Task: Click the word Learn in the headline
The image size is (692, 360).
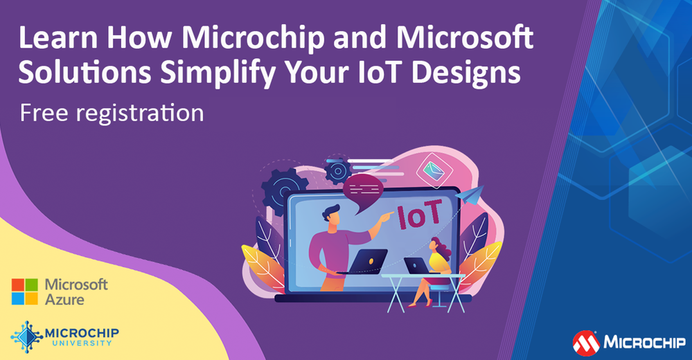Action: pyautogui.click(x=57, y=38)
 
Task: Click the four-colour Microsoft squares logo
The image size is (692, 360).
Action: pyautogui.click(x=25, y=291)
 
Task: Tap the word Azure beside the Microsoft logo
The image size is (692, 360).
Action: pyautogui.click(x=64, y=300)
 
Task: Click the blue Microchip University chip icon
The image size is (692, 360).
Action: pyautogui.click(x=27, y=336)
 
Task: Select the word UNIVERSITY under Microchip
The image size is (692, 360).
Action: pyautogui.click(x=82, y=343)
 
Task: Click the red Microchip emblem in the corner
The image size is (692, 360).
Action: pyautogui.click(x=586, y=343)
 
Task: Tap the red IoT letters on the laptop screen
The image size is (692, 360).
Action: pyautogui.click(x=419, y=215)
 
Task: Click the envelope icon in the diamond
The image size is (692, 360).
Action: pyautogui.click(x=434, y=170)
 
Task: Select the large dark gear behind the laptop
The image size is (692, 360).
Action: pyautogui.click(x=283, y=190)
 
